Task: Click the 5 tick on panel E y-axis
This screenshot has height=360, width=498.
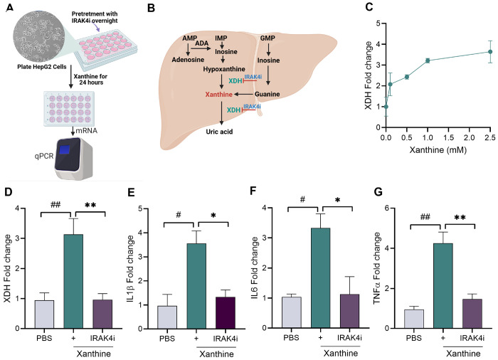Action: tap(145, 208)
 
